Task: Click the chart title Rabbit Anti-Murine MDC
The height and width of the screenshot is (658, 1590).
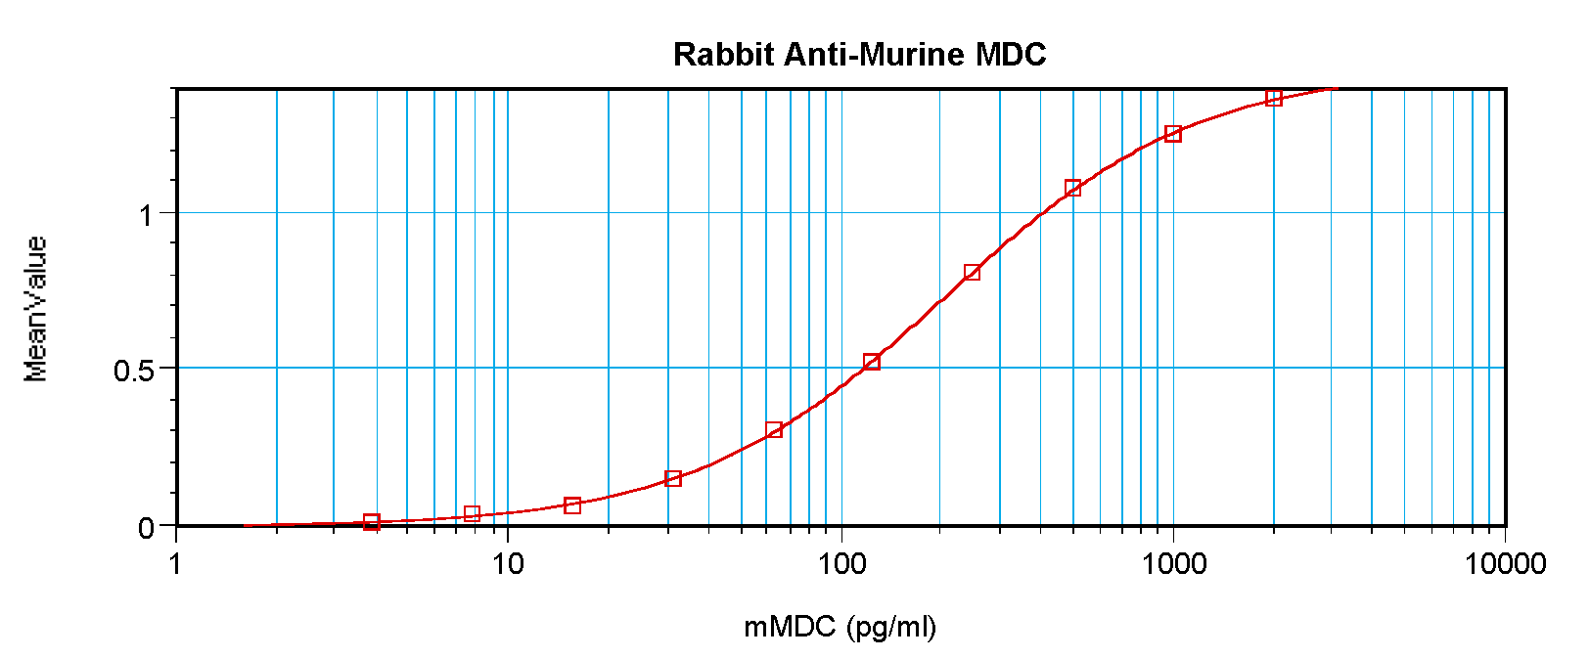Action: tap(859, 54)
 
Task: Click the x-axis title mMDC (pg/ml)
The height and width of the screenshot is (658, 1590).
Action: tap(840, 626)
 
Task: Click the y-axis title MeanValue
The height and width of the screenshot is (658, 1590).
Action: tap(36, 309)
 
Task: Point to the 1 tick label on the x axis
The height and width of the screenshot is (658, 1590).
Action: tap(176, 563)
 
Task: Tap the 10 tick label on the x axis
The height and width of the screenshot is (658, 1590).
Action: tap(508, 563)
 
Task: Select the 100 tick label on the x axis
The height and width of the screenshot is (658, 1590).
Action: tap(840, 563)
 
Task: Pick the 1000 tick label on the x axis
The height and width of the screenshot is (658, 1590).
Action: tap(1173, 563)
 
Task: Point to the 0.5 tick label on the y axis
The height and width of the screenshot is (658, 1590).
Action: tap(134, 371)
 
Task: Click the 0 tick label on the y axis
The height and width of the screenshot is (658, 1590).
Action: tap(147, 528)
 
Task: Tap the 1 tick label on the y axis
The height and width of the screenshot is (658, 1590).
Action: tap(147, 214)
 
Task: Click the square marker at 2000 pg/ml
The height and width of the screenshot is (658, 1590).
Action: tap(1273, 98)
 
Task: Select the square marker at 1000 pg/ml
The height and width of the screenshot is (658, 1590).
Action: tap(1173, 134)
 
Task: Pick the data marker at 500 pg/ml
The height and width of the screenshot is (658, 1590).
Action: tap(1072, 188)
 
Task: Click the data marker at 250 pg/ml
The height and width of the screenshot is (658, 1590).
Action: tap(972, 272)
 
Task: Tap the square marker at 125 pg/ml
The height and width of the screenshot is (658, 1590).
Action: tap(872, 363)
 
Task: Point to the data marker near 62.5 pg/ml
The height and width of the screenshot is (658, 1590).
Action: tap(773, 430)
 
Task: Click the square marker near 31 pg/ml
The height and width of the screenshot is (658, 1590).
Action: tap(673, 478)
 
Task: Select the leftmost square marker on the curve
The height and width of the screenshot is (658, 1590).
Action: tap(371, 521)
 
